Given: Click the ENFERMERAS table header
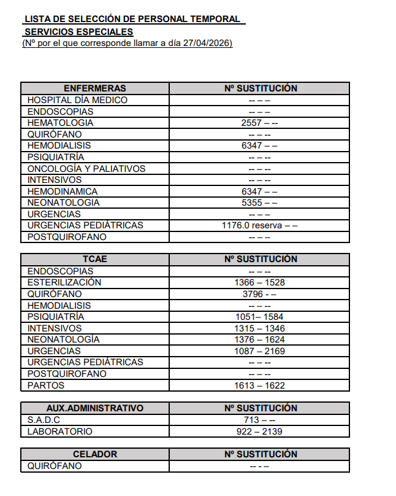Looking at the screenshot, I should click(94, 88).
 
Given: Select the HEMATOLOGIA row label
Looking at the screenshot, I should click(60, 123).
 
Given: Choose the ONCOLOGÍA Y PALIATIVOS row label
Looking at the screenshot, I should click(86, 169).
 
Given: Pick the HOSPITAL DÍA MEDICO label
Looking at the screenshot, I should click(77, 100).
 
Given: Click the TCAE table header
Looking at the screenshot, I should click(94, 259).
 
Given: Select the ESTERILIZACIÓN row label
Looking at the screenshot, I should click(64, 282).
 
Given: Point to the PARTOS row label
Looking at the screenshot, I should click(46, 386).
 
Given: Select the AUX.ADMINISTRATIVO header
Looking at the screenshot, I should click(94, 408).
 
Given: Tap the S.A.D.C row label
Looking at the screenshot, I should click(44, 420).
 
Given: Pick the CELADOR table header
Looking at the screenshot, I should click(94, 454).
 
